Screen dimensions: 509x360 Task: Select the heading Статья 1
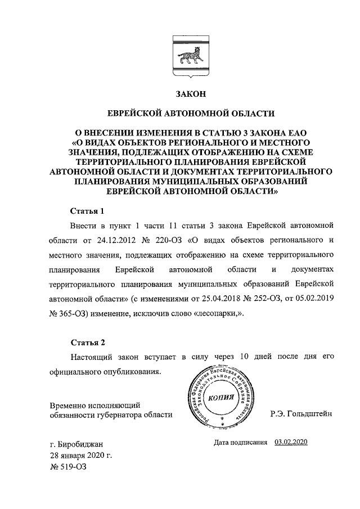pyautogui.click(x=87, y=211)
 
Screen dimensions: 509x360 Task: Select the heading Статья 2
pyautogui.click(x=87, y=342)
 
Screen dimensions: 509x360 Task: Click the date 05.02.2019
pyautogui.click(x=313, y=299)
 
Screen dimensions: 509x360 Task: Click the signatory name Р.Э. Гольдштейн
pyautogui.click(x=301, y=414)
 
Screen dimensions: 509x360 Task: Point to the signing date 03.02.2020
pyautogui.click(x=291, y=443)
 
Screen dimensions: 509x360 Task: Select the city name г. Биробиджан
pyautogui.click(x=76, y=444)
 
